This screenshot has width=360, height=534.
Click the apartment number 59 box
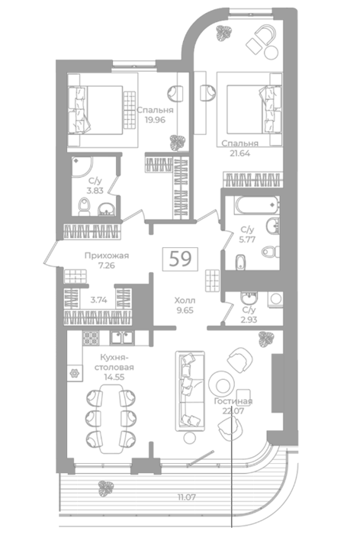click(x=180, y=259)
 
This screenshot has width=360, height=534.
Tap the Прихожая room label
click(x=107, y=256)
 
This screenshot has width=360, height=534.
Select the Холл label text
click(x=185, y=301)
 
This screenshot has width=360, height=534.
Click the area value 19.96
click(x=155, y=120)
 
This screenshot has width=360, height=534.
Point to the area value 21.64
click(x=239, y=153)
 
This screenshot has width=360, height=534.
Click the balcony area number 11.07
click(x=187, y=497)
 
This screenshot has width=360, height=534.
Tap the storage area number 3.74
click(x=98, y=300)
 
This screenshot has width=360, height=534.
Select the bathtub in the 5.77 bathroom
click(x=257, y=205)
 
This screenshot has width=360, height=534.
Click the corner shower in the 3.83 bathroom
click(x=82, y=166)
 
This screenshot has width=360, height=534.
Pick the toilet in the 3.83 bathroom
click(x=84, y=207)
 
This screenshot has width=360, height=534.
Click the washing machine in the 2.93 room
click(x=275, y=300)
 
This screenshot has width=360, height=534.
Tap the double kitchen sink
click(x=122, y=337)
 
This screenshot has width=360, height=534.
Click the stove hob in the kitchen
click(x=91, y=337)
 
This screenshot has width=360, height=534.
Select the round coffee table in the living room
click(x=221, y=384)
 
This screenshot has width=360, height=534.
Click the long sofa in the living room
click(x=190, y=391)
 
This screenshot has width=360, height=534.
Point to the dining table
click(x=111, y=419)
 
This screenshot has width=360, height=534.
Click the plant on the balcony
click(x=105, y=488)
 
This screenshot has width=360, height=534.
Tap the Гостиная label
click(x=233, y=401)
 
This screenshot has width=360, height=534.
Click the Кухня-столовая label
click(x=114, y=362)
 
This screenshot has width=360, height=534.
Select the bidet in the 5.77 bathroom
click(x=240, y=262)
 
